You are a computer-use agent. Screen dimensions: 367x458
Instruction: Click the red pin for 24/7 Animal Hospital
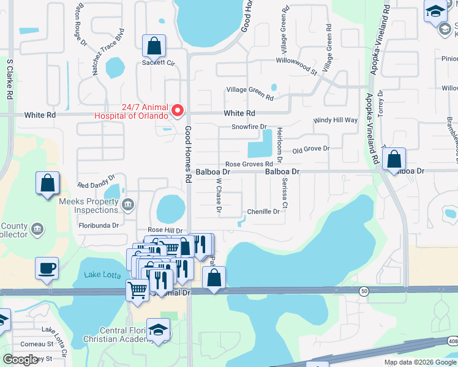click(178, 110)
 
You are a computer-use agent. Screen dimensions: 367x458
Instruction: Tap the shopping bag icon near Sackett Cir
click(154, 46)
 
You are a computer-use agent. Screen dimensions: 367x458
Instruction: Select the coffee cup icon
click(47, 268)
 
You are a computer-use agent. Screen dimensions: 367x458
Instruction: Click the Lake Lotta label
click(103, 275)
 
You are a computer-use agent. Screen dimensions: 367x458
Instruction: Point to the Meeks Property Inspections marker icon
click(128, 204)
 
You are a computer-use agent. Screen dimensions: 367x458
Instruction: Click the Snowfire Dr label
click(249, 127)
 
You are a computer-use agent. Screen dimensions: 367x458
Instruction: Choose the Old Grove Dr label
click(311, 149)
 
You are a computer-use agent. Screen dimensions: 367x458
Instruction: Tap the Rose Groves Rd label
click(249, 164)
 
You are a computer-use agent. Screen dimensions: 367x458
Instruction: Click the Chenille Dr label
click(263, 212)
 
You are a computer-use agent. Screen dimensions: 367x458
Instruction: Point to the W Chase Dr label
click(218, 197)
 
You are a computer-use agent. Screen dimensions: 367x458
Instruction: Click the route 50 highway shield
click(364, 292)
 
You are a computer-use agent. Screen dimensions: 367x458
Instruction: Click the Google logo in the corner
click(20, 360)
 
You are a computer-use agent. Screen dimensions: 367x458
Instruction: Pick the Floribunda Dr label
click(98, 225)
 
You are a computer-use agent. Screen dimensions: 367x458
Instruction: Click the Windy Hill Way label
click(335, 120)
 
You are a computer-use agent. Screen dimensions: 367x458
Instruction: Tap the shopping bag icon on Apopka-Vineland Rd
click(394, 160)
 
